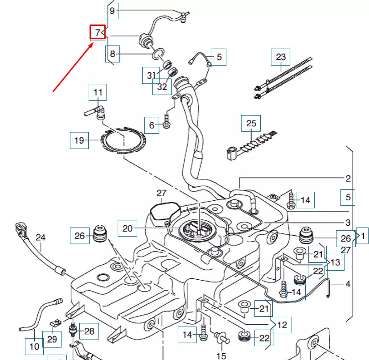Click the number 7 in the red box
pyautogui.click(x=97, y=33)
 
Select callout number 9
pyautogui.click(x=112, y=11)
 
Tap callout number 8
pyautogui.click(x=112, y=54)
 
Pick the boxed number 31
pyautogui.click(x=151, y=75)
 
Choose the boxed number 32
pyautogui.click(x=162, y=86)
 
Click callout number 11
pyautogui.click(x=98, y=92)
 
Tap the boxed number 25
pyautogui.click(x=251, y=123)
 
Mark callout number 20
pyautogui.click(x=127, y=228)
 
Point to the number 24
pyautogui.click(x=41, y=237)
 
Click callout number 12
pyautogui.click(x=282, y=325)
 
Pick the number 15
pyautogui.click(x=221, y=356)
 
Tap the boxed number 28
pyautogui.click(x=89, y=331)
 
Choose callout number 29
pyautogui.click(x=52, y=339)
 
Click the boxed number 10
pyautogui.click(x=34, y=346)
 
